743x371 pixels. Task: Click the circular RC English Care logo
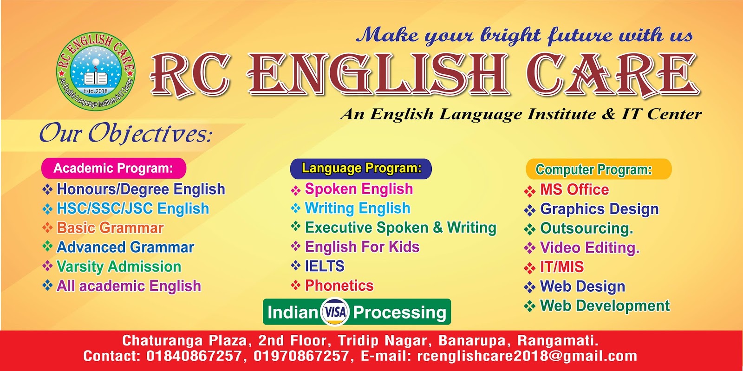point(95,72)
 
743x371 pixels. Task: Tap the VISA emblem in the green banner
point(335,312)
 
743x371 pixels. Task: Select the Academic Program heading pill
point(114,168)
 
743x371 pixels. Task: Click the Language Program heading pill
point(361,168)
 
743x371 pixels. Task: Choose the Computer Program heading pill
point(598,169)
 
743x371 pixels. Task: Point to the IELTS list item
point(324,266)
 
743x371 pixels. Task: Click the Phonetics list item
point(339,286)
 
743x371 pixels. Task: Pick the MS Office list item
point(574,189)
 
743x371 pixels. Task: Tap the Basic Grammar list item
point(110,228)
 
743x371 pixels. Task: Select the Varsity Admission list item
point(118,267)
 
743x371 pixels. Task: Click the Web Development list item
point(605,306)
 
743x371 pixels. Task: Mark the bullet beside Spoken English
point(296,190)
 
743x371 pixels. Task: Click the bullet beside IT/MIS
point(529,268)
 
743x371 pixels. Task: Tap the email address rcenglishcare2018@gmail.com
point(527,356)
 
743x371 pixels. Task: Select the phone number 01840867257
point(194,356)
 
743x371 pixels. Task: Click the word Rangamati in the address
point(557,340)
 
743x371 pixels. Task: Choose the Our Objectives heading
point(126,134)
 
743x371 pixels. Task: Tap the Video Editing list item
point(589,247)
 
